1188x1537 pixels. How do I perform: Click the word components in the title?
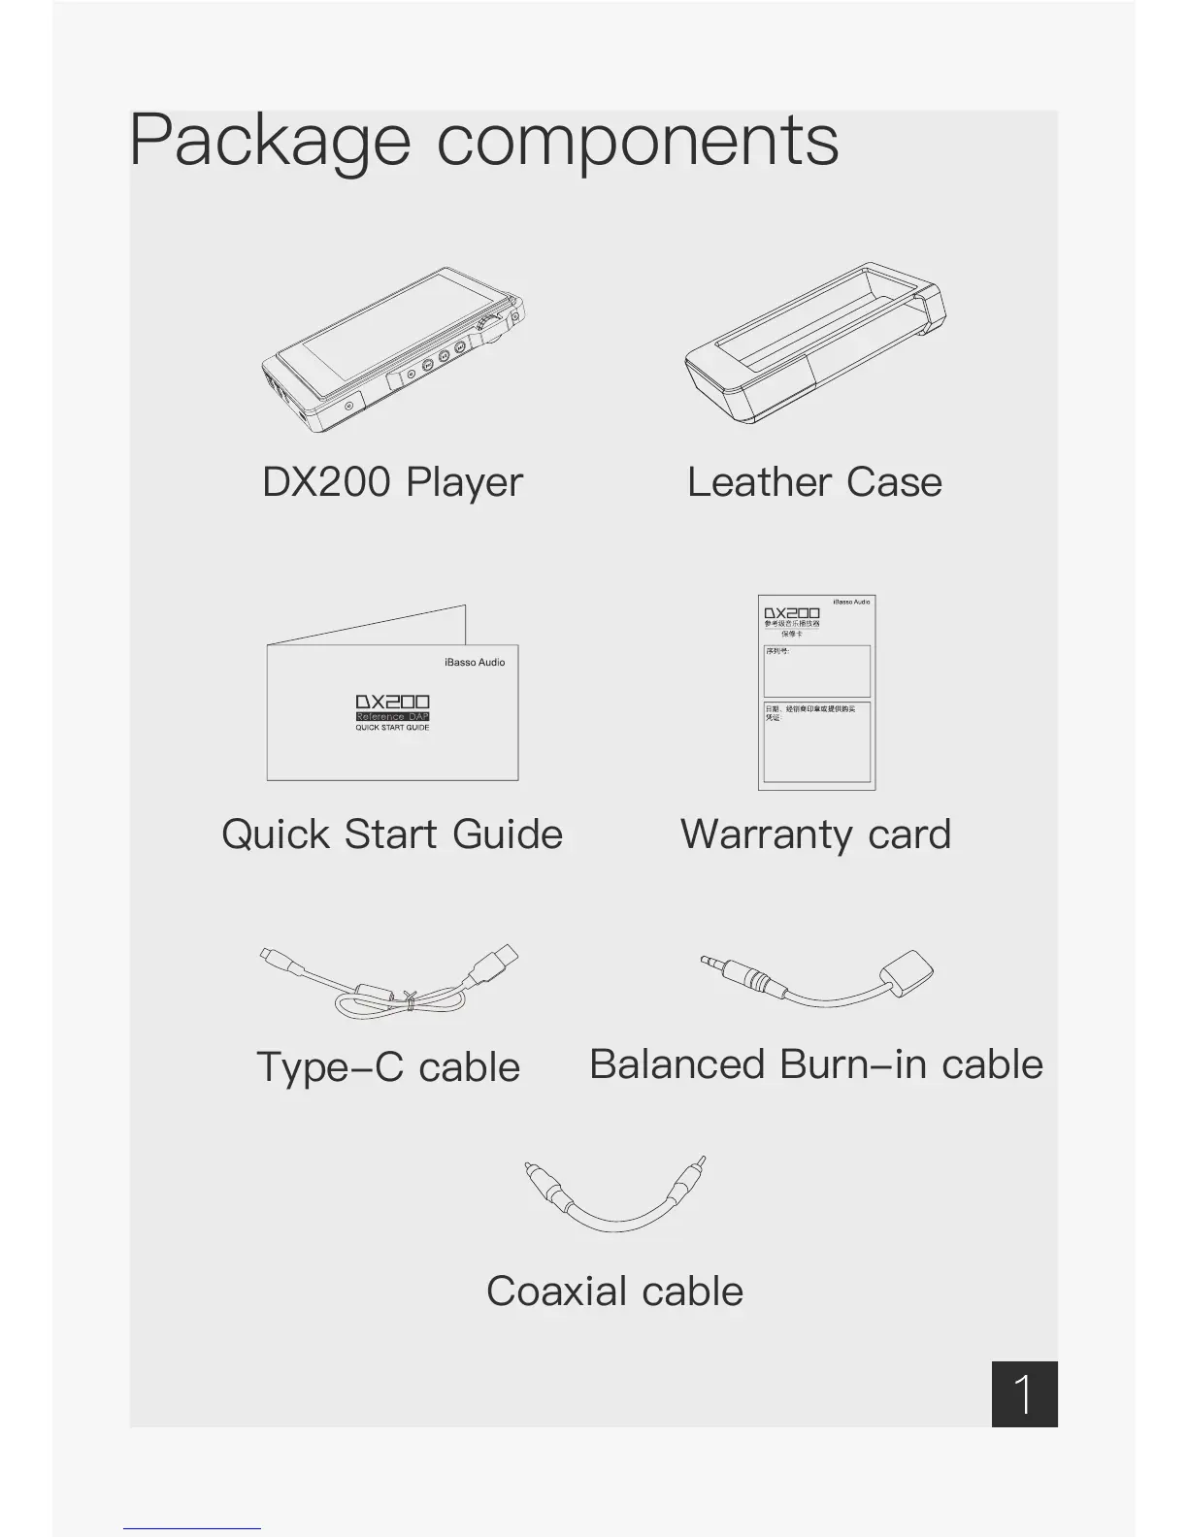(637, 142)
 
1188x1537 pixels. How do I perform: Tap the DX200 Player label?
(392, 482)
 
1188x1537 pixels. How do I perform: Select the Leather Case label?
(814, 482)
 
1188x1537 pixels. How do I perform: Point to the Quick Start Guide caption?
(392, 834)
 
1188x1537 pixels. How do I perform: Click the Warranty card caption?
(815, 834)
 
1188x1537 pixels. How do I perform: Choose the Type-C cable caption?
(388, 1067)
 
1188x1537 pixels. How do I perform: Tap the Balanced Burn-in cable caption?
(815, 1064)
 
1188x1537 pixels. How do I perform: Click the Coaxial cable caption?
(614, 1292)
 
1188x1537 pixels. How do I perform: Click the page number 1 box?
(1024, 1394)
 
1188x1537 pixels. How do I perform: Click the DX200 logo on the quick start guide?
(392, 702)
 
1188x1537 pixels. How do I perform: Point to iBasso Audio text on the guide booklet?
(475, 663)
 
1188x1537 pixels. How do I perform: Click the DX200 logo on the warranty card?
(791, 613)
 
